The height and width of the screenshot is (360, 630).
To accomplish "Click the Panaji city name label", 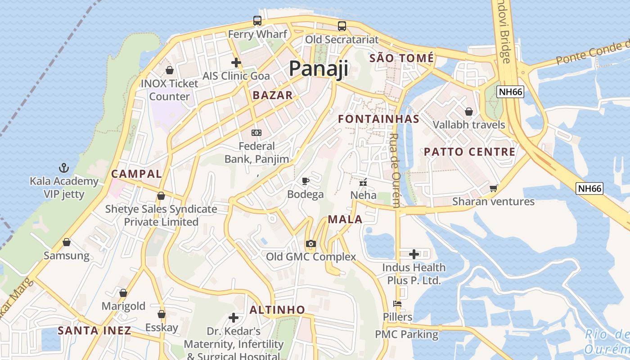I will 319,68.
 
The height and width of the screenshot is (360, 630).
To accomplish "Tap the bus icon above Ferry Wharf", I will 257,21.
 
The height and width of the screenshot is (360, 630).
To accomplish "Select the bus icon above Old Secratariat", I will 342,26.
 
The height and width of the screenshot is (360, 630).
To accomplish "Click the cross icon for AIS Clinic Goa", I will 236,63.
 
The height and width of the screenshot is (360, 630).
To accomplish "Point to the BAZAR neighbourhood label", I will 273,95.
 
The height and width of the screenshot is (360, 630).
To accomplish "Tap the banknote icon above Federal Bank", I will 256,132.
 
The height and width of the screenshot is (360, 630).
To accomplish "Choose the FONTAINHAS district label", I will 378,119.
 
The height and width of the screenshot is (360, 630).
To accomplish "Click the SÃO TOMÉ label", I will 402,58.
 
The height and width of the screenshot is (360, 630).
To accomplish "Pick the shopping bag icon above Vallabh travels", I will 469,111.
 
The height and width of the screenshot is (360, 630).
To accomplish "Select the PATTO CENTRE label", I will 470,152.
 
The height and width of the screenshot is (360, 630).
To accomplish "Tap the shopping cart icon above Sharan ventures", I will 494,188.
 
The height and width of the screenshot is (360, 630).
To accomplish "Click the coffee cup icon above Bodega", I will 306,181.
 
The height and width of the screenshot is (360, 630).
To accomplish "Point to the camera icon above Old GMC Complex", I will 310,244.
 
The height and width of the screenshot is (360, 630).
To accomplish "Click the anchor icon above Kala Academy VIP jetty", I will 64,168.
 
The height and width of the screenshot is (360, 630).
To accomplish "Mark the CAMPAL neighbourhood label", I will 136,174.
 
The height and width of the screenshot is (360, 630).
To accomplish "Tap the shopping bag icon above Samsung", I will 67,242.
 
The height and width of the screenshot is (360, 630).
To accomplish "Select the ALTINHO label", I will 277,310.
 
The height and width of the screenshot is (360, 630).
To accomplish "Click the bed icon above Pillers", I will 397,304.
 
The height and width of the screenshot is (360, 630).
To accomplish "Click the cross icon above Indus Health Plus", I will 414,254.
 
